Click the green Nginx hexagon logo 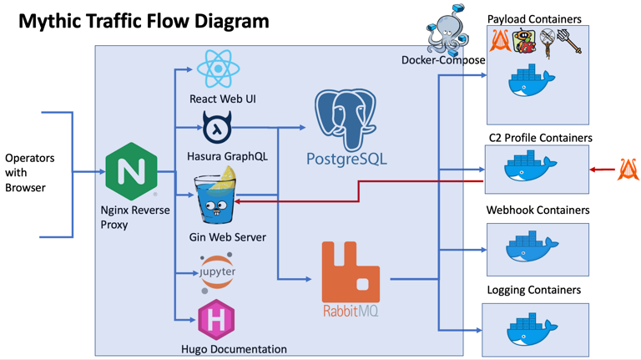click(132, 172)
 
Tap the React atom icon click(216, 69)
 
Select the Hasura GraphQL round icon click(216, 128)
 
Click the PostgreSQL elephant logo click(346, 121)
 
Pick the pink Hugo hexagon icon click(216, 320)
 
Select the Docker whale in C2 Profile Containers click(530, 166)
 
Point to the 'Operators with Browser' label click(29, 173)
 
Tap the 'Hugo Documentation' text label click(234, 349)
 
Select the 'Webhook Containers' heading click(538, 210)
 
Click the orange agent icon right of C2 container click(628, 170)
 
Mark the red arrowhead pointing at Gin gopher click(239, 200)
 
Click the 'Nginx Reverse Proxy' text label click(134, 217)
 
